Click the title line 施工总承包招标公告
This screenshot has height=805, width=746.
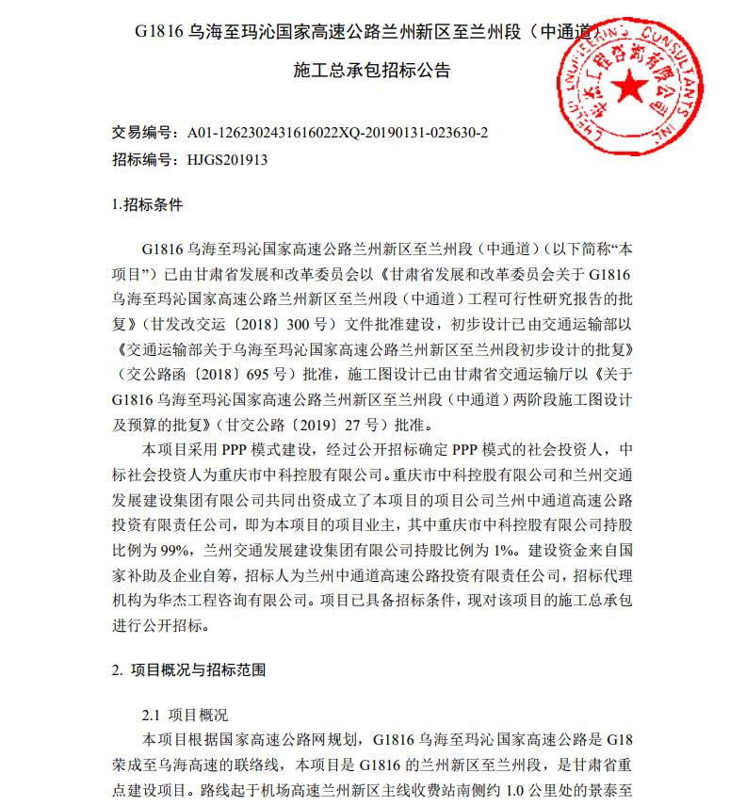(x=372, y=71)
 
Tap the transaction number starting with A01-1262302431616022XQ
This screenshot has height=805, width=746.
(x=338, y=133)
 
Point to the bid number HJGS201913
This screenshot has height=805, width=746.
(x=228, y=159)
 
